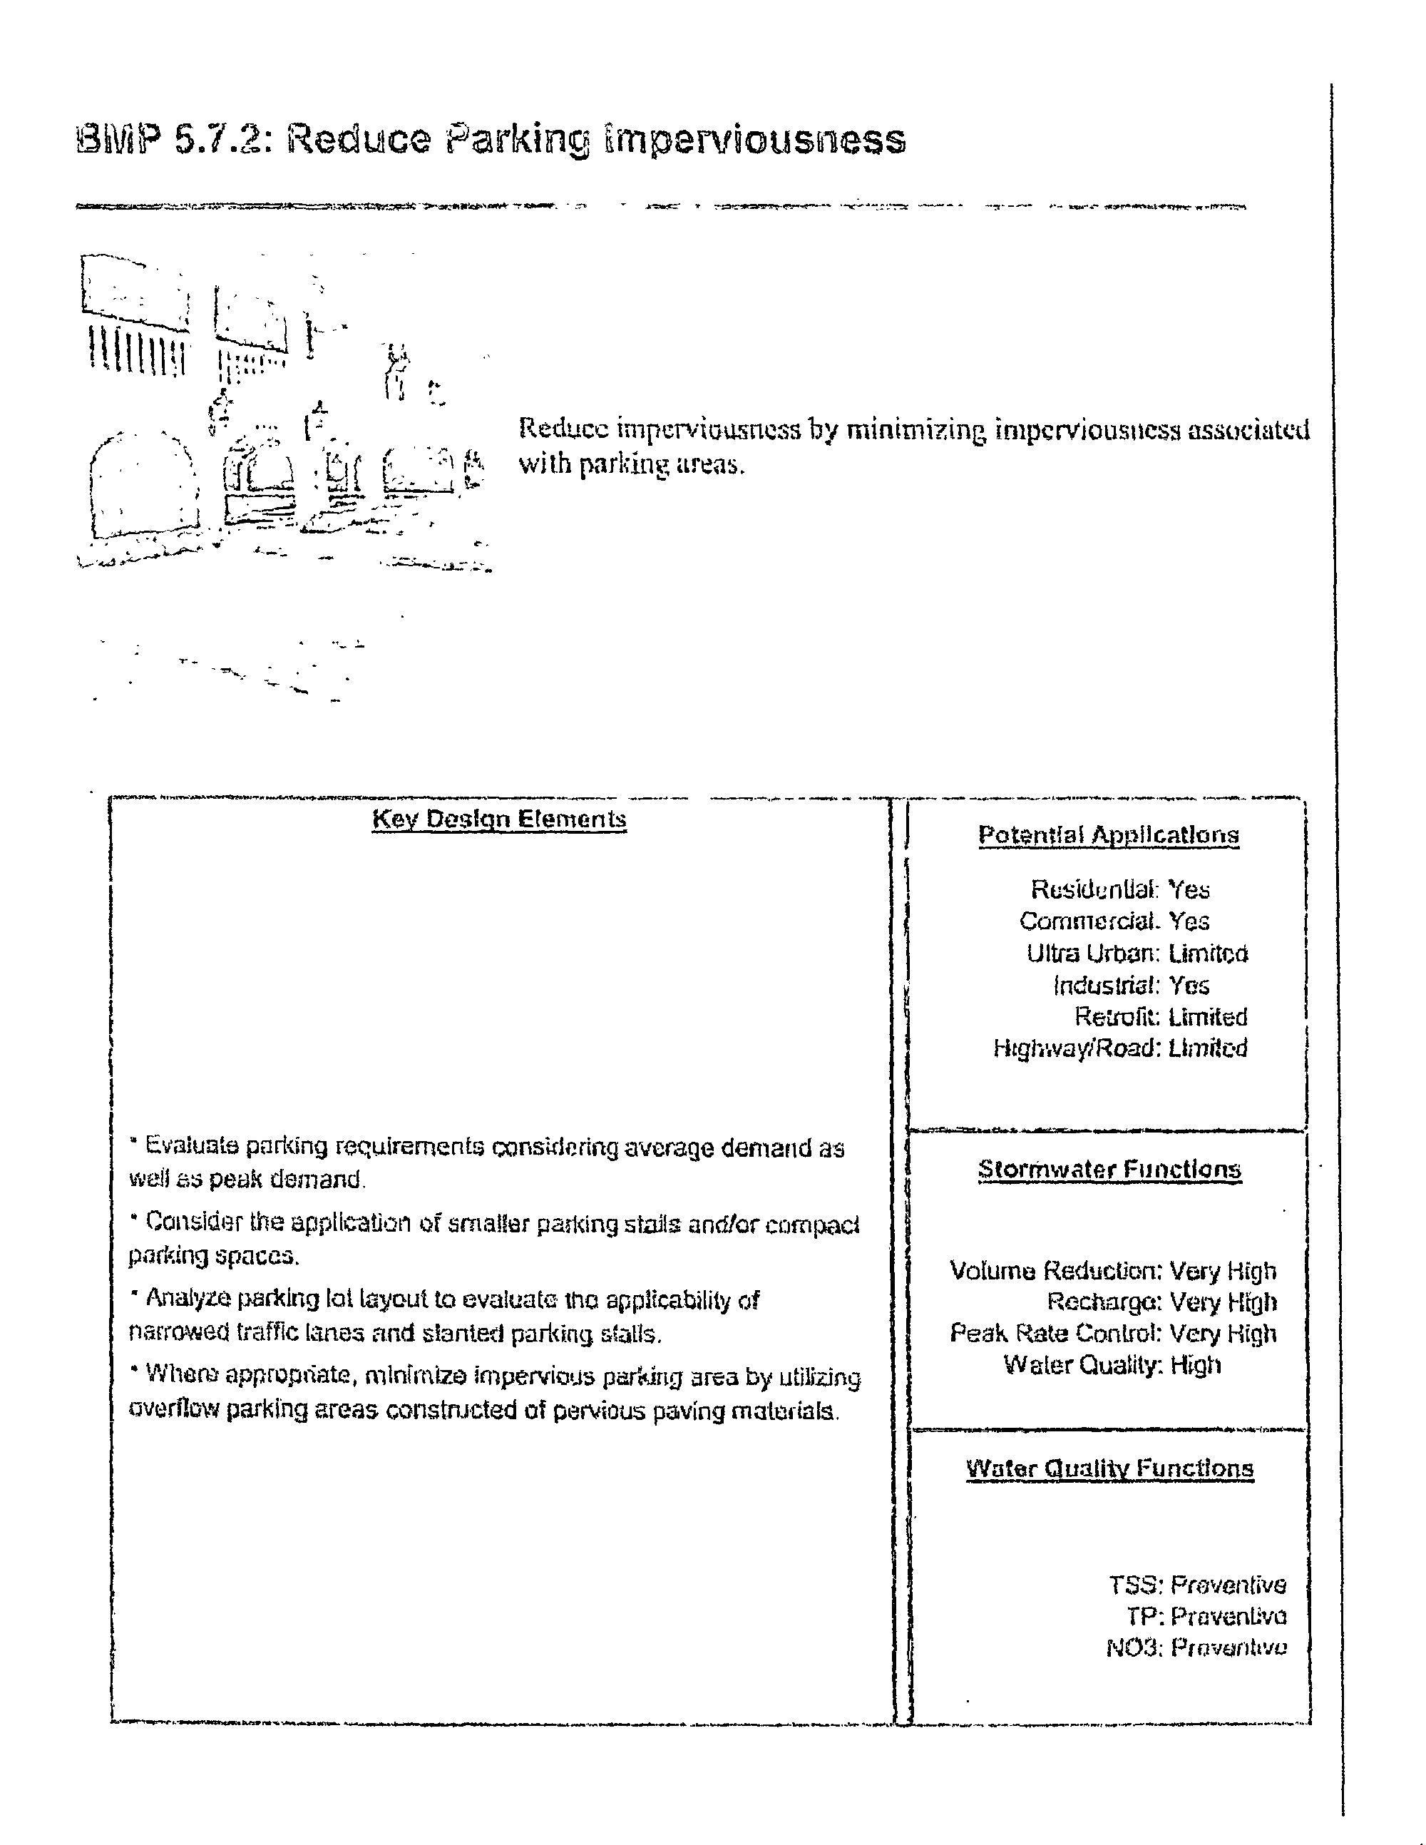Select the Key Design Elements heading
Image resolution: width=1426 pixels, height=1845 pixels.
pos(499,819)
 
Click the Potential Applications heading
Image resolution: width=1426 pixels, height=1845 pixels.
pos(1109,835)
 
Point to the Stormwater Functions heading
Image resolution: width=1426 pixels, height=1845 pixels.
pos(1109,1170)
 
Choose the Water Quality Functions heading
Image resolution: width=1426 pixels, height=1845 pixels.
pos(1109,1469)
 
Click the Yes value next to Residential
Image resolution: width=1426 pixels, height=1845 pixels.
pos(1189,889)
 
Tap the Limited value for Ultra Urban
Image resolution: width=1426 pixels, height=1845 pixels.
pos(1208,954)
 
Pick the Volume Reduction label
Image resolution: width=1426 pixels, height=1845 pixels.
pos(1055,1272)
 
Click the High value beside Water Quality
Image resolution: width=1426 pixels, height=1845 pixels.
pos(1196,1365)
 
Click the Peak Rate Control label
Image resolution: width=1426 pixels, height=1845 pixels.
pos(1056,1334)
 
